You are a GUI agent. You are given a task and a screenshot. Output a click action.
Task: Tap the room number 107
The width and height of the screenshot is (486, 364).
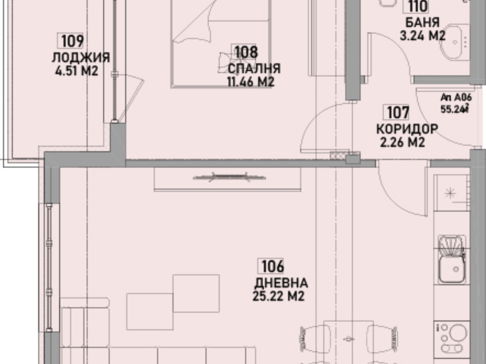coord(398,112)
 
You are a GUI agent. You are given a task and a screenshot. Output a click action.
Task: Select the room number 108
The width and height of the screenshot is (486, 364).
coord(246,52)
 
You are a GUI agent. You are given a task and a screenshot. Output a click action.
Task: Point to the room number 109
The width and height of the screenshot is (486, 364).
coord(72,41)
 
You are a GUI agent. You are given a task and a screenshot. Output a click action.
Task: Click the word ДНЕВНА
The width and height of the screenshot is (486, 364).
coord(281,284)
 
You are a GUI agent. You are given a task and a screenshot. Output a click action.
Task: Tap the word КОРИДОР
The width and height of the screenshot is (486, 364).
coord(406,129)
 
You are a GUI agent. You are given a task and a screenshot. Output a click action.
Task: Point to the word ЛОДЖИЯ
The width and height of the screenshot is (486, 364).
coord(81,58)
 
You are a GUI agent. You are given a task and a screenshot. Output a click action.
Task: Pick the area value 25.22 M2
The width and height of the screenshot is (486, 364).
coord(278,296)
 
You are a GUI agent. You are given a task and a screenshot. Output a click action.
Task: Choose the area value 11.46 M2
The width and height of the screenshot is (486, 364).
coord(250,81)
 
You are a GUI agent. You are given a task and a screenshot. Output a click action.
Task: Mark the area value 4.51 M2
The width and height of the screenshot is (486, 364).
coord(76,71)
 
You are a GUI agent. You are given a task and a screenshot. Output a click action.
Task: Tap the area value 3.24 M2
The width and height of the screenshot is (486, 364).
coord(422,36)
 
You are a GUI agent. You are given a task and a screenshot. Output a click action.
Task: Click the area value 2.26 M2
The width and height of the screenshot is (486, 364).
coord(402,143)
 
